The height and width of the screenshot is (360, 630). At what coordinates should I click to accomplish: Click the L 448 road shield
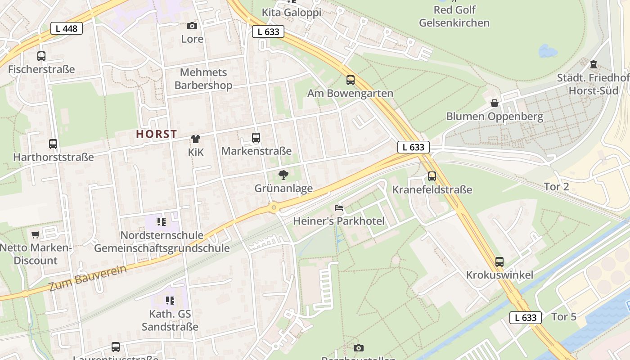coord(67,29)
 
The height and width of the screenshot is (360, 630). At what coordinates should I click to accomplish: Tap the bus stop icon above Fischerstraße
coord(41,56)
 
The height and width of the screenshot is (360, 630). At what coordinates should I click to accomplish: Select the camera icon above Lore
coord(192,26)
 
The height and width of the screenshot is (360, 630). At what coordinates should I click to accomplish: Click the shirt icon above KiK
coord(196,139)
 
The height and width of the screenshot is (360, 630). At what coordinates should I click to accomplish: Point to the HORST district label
coord(157,134)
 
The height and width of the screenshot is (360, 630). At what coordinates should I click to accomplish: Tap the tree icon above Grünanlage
coord(283,175)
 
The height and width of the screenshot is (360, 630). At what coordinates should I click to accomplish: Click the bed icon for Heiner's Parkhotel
coord(339,207)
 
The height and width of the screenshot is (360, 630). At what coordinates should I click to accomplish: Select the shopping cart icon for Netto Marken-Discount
coord(36,234)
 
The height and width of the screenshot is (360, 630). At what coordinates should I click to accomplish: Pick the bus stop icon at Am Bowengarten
coord(351,80)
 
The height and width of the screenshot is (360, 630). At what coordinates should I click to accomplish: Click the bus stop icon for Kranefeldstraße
coord(432,176)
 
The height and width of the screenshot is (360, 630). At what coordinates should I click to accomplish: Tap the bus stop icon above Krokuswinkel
coord(499,262)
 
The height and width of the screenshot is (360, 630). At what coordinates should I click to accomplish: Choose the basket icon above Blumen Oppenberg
coord(495,103)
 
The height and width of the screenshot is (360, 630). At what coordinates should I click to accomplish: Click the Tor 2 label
coord(557,187)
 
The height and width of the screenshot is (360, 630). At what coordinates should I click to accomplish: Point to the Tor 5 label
coord(564,317)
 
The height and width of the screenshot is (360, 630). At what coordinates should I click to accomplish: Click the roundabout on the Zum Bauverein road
coord(274,207)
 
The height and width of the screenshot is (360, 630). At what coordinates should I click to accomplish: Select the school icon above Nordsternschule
coord(162,222)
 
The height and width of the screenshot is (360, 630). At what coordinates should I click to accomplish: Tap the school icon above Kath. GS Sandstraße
coord(170,300)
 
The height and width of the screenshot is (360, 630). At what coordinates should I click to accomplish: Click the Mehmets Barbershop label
coord(203,79)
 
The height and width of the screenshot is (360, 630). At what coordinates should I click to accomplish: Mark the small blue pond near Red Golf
coord(547,51)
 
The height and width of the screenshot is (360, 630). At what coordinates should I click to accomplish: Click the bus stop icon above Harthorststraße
coord(53,144)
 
